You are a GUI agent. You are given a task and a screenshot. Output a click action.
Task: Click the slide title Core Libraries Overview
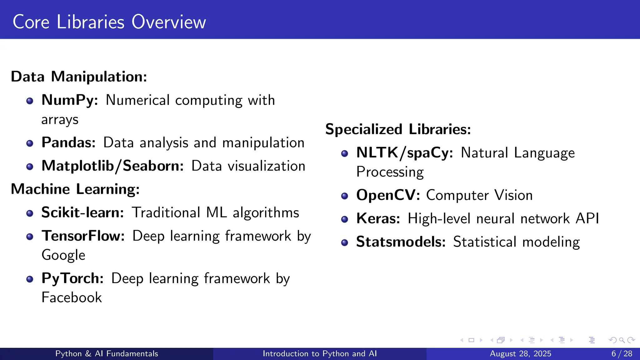tap(109, 22)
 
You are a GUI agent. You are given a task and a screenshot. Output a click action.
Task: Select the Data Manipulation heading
tap(79, 77)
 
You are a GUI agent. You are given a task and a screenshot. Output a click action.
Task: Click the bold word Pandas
tap(68, 142)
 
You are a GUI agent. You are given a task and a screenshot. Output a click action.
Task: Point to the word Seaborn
tap(153, 166)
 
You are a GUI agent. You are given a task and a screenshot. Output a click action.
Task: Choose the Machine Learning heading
tap(75, 189)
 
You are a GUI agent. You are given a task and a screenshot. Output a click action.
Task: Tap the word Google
tap(63, 255)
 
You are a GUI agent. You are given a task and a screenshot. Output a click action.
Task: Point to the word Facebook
tap(72, 297)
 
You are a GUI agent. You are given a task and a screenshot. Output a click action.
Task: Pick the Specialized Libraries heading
tap(398, 129)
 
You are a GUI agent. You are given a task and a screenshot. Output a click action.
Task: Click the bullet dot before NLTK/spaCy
tap(344, 153)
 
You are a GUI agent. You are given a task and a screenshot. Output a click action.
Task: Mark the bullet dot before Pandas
tap(30, 143)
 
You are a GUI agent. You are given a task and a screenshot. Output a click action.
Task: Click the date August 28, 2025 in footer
tap(520, 354)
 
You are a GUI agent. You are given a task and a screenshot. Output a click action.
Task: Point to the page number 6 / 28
tap(622, 354)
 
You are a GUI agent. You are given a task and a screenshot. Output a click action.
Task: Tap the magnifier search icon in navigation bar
tap(622, 340)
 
